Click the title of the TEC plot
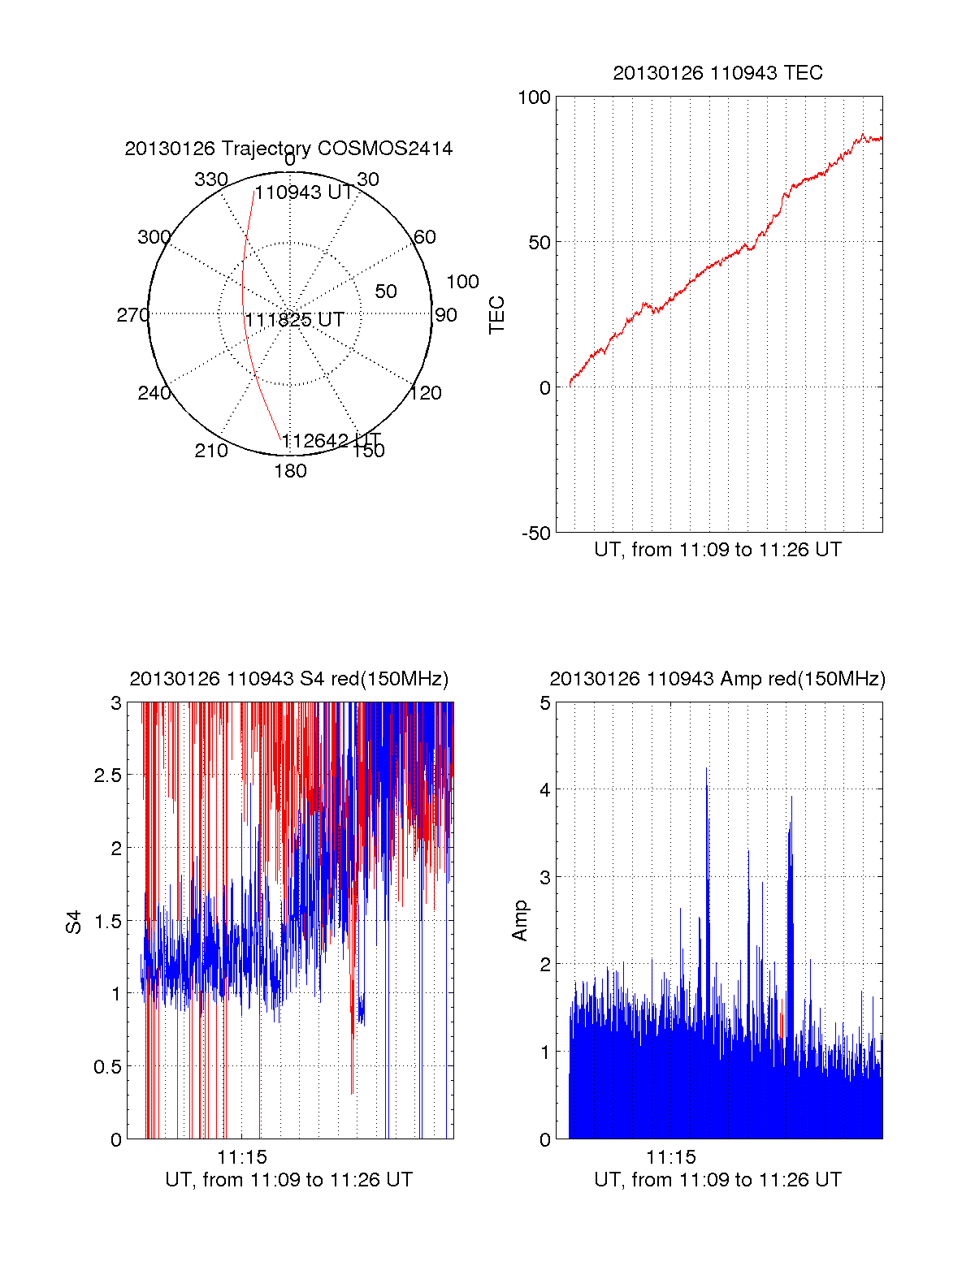tap(717, 73)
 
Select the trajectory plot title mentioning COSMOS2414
tap(288, 149)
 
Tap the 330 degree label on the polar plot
tap(211, 179)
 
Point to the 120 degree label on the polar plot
tap(426, 393)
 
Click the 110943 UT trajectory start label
tap(305, 192)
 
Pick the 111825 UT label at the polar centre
tap(295, 320)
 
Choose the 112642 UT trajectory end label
tap(331, 441)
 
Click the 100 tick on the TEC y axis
tap(534, 97)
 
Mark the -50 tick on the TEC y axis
tap(535, 534)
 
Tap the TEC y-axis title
tap(497, 315)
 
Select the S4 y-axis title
tap(74, 922)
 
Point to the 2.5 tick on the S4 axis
tap(107, 776)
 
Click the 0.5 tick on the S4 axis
tap(107, 1067)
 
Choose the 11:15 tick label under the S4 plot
tap(242, 1157)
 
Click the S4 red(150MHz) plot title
tap(288, 679)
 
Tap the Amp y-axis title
tap(520, 921)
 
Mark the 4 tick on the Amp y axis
tap(545, 789)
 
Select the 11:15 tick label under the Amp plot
tap(671, 1157)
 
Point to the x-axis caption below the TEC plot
tap(717, 550)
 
